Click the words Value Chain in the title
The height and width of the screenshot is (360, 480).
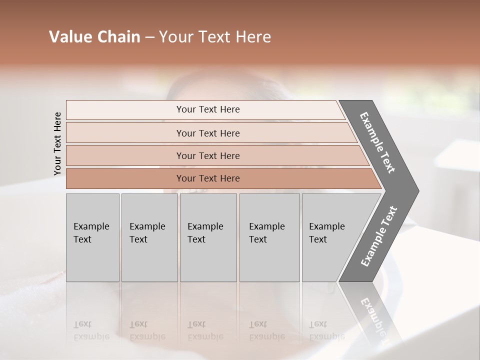(x=94, y=37)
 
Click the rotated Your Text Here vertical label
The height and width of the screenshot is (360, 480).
(x=57, y=143)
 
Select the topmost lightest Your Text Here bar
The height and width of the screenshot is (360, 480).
(x=207, y=109)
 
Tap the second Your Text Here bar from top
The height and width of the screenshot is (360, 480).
(x=207, y=133)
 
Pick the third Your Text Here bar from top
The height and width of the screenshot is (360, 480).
(x=207, y=155)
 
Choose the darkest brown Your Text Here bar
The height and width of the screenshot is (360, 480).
(x=207, y=178)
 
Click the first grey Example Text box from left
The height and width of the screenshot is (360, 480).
(x=92, y=237)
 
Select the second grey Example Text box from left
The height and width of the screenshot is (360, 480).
(x=149, y=237)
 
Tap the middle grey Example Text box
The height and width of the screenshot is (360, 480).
(x=208, y=237)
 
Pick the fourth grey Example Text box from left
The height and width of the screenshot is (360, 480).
(x=269, y=237)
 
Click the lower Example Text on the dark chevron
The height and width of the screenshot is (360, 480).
(x=379, y=236)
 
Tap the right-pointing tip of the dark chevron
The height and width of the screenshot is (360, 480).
(x=416, y=190)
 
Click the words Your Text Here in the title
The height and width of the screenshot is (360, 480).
(x=215, y=37)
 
